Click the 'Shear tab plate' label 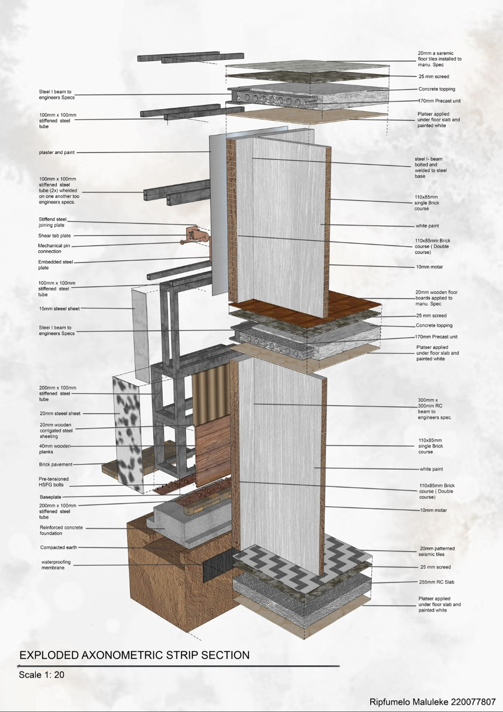55,236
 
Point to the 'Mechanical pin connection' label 54,248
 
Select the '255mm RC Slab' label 436,582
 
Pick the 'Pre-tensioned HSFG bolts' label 54,482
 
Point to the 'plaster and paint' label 57,152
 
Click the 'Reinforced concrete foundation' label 61,530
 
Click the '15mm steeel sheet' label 59,309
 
